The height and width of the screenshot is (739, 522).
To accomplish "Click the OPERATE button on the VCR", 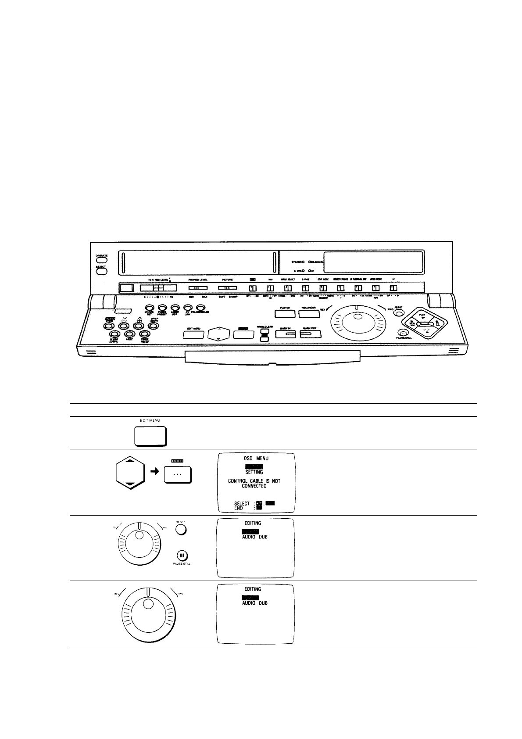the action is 102,260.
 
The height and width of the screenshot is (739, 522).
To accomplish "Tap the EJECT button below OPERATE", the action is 102,271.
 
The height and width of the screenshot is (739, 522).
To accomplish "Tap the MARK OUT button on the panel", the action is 310,334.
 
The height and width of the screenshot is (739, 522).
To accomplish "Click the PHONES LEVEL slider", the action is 198,288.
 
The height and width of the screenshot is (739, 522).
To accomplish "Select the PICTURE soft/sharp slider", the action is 227,288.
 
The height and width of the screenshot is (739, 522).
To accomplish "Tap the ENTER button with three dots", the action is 178,474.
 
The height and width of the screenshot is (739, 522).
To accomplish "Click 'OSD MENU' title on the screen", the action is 256,458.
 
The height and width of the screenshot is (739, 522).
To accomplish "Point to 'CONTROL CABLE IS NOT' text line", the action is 254,481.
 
